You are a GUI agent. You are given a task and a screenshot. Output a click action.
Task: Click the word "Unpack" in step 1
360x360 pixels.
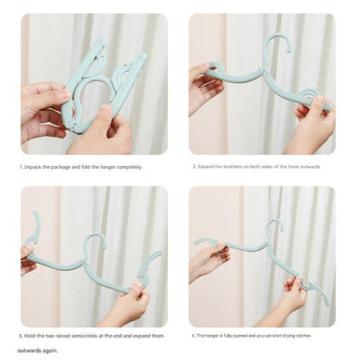[32, 167]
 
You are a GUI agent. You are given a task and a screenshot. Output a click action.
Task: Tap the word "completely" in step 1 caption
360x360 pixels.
[129, 167]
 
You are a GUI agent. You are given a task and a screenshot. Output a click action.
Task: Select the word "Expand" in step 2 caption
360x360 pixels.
[206, 167]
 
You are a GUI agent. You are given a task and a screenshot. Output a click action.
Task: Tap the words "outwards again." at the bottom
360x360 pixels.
[37, 350]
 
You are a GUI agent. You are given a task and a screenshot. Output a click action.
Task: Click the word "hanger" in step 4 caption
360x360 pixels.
[212, 336]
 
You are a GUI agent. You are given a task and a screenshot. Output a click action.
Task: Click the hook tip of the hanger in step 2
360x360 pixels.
[289, 51]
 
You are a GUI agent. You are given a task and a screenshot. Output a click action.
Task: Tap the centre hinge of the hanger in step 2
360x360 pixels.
[265, 71]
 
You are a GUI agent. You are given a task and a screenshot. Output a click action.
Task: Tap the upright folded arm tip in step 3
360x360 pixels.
[35, 213]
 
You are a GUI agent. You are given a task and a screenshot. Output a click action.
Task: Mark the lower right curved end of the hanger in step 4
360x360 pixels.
[326, 303]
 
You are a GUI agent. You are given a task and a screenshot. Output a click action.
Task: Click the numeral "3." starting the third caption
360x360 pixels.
[21, 336]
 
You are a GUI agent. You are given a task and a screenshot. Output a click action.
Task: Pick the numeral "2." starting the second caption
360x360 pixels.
[195, 167]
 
